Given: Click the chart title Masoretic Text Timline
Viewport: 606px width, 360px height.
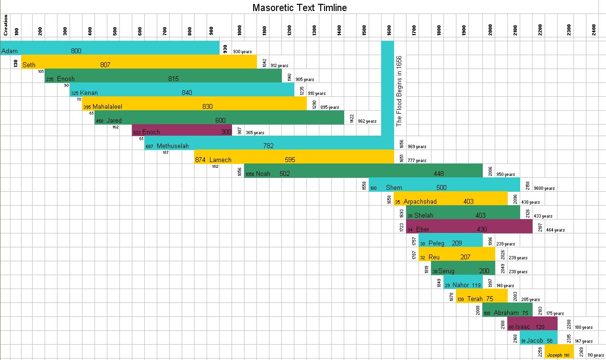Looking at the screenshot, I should (x=300, y=8).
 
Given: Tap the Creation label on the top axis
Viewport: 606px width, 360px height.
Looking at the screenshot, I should (x=6, y=25).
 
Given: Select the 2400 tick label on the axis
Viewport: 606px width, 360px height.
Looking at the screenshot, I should (x=594, y=30).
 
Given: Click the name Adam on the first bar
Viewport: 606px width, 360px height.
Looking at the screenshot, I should (x=10, y=51).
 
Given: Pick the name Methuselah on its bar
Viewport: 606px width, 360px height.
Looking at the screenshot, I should (x=173, y=146).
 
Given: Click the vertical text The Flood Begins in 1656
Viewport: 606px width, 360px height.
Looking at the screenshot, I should (x=399, y=91).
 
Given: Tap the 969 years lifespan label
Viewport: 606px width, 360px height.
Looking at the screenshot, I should (x=417, y=147).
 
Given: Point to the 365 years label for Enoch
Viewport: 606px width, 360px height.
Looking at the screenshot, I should (x=255, y=133).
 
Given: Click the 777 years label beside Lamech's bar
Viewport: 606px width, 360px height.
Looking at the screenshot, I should (x=417, y=161).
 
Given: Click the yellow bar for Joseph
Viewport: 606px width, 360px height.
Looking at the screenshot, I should (x=559, y=352).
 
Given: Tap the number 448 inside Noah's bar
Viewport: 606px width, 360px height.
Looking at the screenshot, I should (x=439, y=174).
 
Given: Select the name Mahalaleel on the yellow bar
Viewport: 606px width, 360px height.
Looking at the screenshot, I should (x=107, y=106).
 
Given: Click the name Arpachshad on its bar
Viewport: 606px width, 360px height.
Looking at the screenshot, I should (x=420, y=201).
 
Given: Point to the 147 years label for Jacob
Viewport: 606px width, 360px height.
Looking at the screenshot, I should (x=583, y=341).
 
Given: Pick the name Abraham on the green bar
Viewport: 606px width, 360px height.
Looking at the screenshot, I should (x=506, y=313).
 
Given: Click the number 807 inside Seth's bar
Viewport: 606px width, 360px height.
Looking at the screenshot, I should (x=105, y=65).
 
